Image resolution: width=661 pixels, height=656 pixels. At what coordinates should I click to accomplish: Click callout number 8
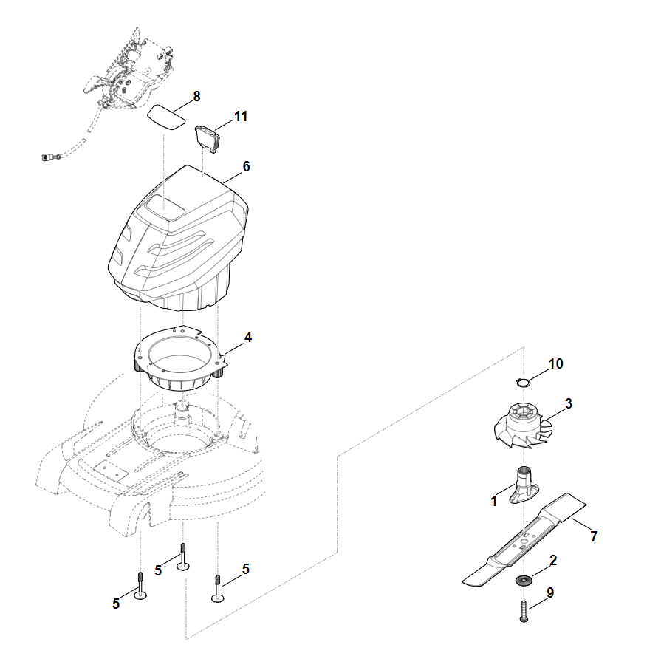point(196,97)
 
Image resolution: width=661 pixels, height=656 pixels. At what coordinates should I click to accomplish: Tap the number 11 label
point(241,117)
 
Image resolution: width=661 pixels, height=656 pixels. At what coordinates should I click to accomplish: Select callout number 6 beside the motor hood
point(246,166)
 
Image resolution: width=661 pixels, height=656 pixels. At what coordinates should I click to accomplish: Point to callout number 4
point(248,337)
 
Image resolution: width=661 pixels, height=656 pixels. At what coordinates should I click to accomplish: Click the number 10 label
point(555,363)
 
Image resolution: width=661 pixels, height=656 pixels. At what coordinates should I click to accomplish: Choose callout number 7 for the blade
point(593,536)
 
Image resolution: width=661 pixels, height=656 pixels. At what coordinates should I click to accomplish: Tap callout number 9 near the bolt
point(550,592)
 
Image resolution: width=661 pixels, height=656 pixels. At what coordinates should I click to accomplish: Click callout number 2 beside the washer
point(553,561)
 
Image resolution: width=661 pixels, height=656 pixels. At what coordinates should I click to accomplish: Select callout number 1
point(493,502)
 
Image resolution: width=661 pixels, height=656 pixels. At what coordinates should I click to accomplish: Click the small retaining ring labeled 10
point(523,382)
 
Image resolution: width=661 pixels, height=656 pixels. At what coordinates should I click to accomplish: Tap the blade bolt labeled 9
point(523,611)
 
